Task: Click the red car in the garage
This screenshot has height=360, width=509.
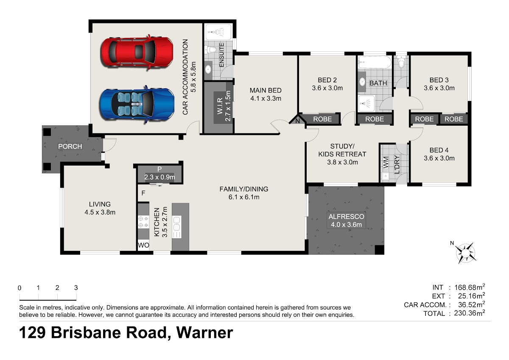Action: [137, 52]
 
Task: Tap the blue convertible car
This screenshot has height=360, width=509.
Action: [137, 104]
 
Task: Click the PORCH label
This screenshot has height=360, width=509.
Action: [70, 146]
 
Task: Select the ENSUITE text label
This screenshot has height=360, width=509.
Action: [221, 55]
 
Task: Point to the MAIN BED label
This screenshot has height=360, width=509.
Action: [266, 90]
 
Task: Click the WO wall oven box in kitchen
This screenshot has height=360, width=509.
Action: [143, 245]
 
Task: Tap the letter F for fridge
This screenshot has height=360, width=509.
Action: [143, 193]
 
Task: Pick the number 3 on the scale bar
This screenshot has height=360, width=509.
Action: [76, 288]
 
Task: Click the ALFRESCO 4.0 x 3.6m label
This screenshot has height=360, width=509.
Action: [346, 220]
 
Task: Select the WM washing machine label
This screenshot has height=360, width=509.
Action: [386, 163]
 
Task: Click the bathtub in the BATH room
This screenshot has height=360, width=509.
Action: [375, 62]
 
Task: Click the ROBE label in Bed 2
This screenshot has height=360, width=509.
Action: [322, 119]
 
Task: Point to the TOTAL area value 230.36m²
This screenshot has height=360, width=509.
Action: [470, 313]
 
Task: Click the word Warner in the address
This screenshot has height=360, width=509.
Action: [205, 333]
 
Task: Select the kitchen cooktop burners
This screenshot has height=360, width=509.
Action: [143, 222]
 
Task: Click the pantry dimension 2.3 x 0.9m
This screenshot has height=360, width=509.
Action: [160, 177]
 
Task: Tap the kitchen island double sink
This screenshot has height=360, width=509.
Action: [177, 224]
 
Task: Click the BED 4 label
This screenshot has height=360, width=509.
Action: [439, 150]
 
